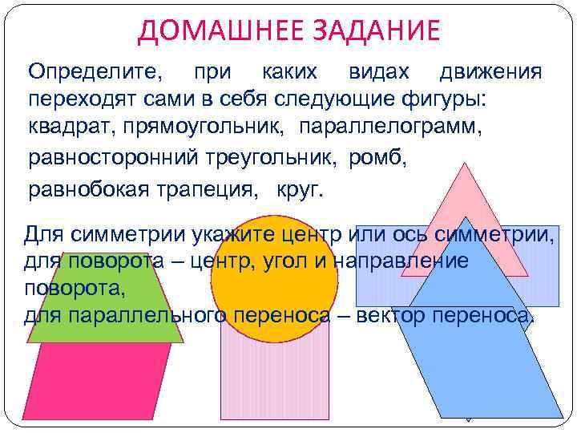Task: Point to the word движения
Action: [490, 72]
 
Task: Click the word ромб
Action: [377, 158]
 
